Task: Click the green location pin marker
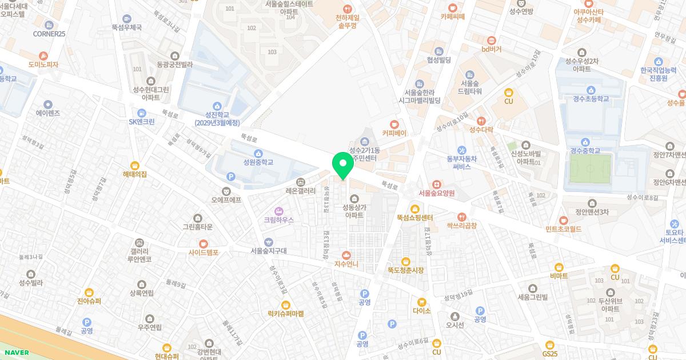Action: [342, 165]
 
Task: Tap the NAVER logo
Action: [15, 353]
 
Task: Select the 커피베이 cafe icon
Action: [394, 123]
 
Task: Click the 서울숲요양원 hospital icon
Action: [436, 184]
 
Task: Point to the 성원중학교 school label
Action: [258, 162]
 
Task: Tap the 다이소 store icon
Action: [421, 302]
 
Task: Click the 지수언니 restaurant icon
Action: [346, 255]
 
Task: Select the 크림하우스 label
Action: [278, 219]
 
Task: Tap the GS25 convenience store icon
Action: [550, 345]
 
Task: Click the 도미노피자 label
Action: [39, 65]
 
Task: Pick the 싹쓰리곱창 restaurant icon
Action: [461, 217]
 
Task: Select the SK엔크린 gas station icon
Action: [141, 113]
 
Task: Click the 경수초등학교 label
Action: [590, 99]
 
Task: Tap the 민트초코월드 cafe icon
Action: [563, 220]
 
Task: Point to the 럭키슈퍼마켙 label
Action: [285, 314]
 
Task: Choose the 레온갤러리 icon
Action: [301, 182]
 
